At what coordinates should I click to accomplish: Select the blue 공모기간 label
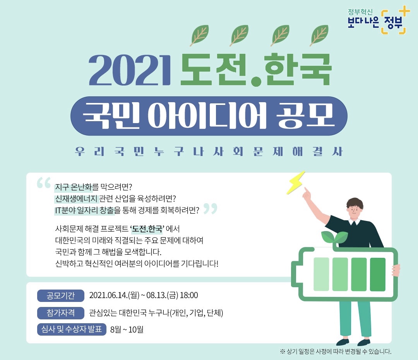pyautogui.click(x=61, y=296)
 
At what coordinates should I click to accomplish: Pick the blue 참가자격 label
pyautogui.click(x=61, y=313)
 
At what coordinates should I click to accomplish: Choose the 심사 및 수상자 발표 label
pyautogui.click(x=72, y=330)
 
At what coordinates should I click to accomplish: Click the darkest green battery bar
pyautogui.click(x=378, y=274)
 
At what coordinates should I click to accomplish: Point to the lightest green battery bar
pyautogui.click(x=321, y=274)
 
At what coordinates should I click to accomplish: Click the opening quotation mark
pyautogui.click(x=44, y=183)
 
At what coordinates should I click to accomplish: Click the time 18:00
pyautogui.click(x=189, y=296)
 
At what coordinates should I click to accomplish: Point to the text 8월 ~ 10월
pyautogui.click(x=127, y=330)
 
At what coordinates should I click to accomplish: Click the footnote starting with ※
pyautogui.click(x=336, y=352)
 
